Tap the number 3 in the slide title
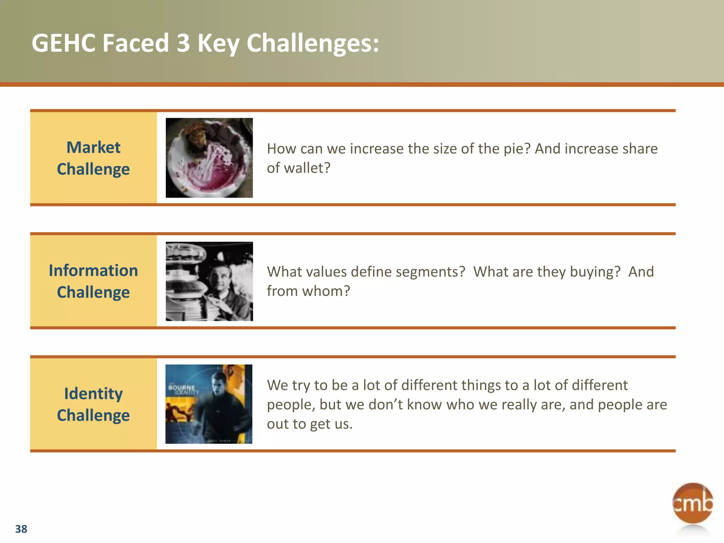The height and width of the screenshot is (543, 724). pos(183,43)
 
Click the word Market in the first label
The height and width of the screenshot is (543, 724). pos(93,147)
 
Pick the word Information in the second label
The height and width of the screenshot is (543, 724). pos(93,270)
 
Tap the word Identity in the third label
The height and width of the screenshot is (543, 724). pos(93,393)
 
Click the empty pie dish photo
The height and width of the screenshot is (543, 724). pos(209,158)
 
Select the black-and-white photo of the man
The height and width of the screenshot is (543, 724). pos(209,281)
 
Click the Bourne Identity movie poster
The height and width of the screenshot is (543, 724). pos(209,404)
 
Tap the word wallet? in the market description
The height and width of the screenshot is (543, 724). pos(307,168)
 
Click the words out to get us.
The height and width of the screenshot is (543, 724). pos(310,424)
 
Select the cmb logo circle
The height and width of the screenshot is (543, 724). pos(692,503)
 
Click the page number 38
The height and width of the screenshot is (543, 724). pos(21,529)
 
